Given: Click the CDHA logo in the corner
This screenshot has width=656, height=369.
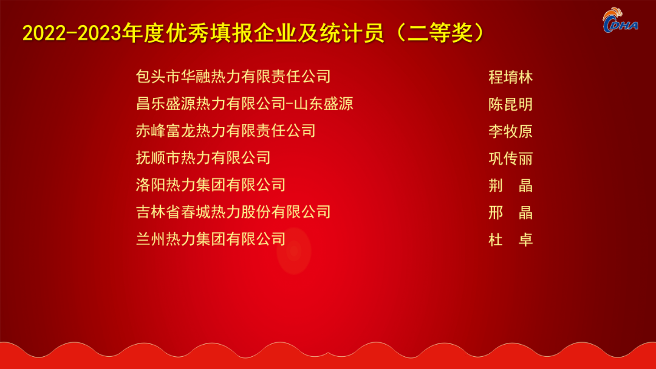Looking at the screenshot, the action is (620, 20).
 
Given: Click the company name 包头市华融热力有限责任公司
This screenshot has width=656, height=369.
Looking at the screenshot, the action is (233, 76).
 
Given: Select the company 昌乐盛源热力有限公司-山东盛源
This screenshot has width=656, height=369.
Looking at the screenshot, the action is (244, 103).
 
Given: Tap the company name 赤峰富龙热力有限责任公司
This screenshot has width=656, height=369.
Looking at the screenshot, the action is (225, 131).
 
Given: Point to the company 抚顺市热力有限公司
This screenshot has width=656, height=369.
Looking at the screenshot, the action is (203, 158).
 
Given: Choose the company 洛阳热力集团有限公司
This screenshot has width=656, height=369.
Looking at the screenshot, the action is (210, 185).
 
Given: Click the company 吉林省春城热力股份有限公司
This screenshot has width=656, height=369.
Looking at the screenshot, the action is (233, 212).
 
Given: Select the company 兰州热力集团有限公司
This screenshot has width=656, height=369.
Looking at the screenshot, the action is (210, 239).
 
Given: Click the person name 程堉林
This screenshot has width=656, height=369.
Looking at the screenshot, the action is (510, 77).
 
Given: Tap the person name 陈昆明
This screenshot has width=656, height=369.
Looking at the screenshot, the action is (510, 105).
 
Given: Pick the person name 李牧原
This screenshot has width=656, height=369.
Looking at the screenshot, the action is (510, 131).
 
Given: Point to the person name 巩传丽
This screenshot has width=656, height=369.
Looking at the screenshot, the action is (510, 159).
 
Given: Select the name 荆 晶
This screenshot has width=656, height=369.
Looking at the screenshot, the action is (510, 185).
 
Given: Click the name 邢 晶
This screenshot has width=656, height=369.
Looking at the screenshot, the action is (510, 213).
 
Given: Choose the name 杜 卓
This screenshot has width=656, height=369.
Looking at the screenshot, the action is (510, 240).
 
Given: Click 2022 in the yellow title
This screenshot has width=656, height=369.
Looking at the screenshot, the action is (44, 33).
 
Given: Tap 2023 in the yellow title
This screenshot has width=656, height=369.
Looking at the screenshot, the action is (100, 33).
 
